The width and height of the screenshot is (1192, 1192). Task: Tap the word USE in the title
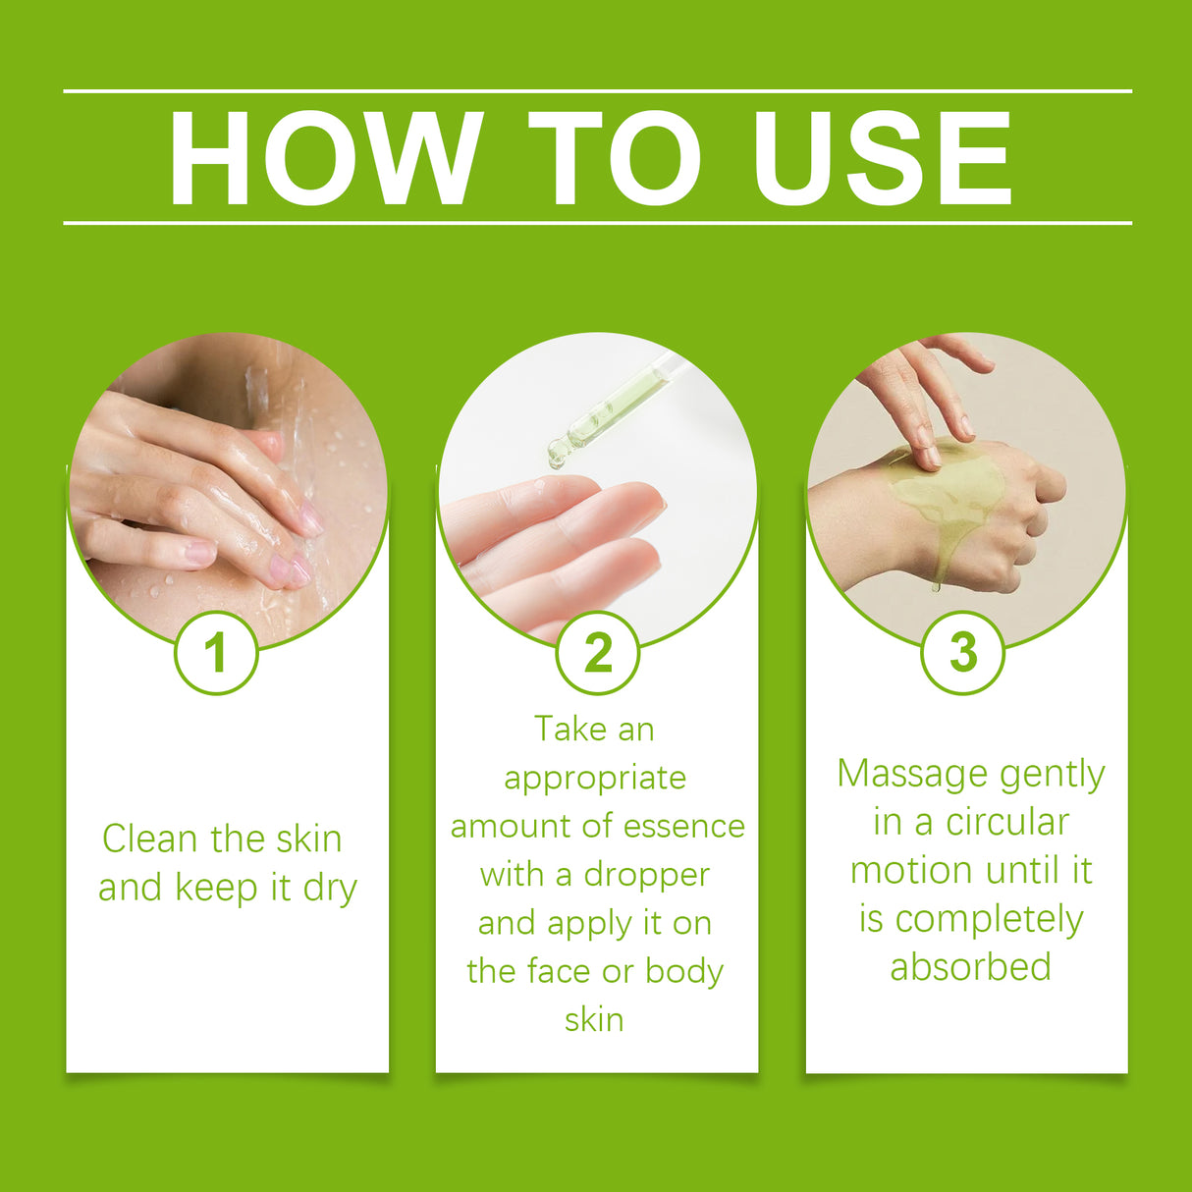pyautogui.click(x=883, y=158)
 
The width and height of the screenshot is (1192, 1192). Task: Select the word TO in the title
pyautogui.click(x=615, y=158)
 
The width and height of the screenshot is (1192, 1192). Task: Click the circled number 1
pyautogui.click(x=216, y=653)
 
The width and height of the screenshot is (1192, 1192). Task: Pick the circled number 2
pyautogui.click(x=598, y=653)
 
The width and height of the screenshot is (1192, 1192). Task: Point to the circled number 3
pyautogui.click(x=963, y=653)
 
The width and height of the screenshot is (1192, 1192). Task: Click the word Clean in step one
pyautogui.click(x=149, y=839)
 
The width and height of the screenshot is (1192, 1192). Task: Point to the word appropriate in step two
pyautogui.click(x=595, y=780)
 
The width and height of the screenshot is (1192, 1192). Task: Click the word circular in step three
pyautogui.click(x=1007, y=823)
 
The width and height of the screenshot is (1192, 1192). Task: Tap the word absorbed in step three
pyautogui.click(x=970, y=967)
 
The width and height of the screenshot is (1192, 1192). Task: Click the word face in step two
pyautogui.click(x=560, y=972)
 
